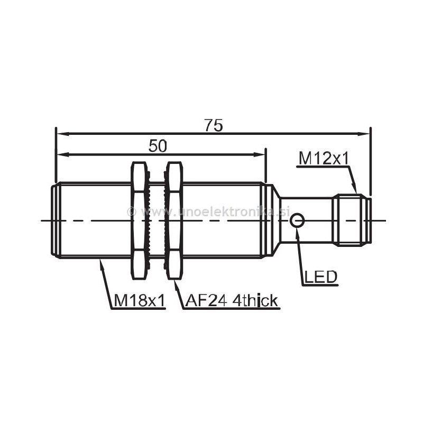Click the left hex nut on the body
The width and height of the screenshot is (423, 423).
(138, 220)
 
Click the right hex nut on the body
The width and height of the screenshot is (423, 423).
(174, 220)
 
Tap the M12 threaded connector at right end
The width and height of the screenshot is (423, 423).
(351, 220)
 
